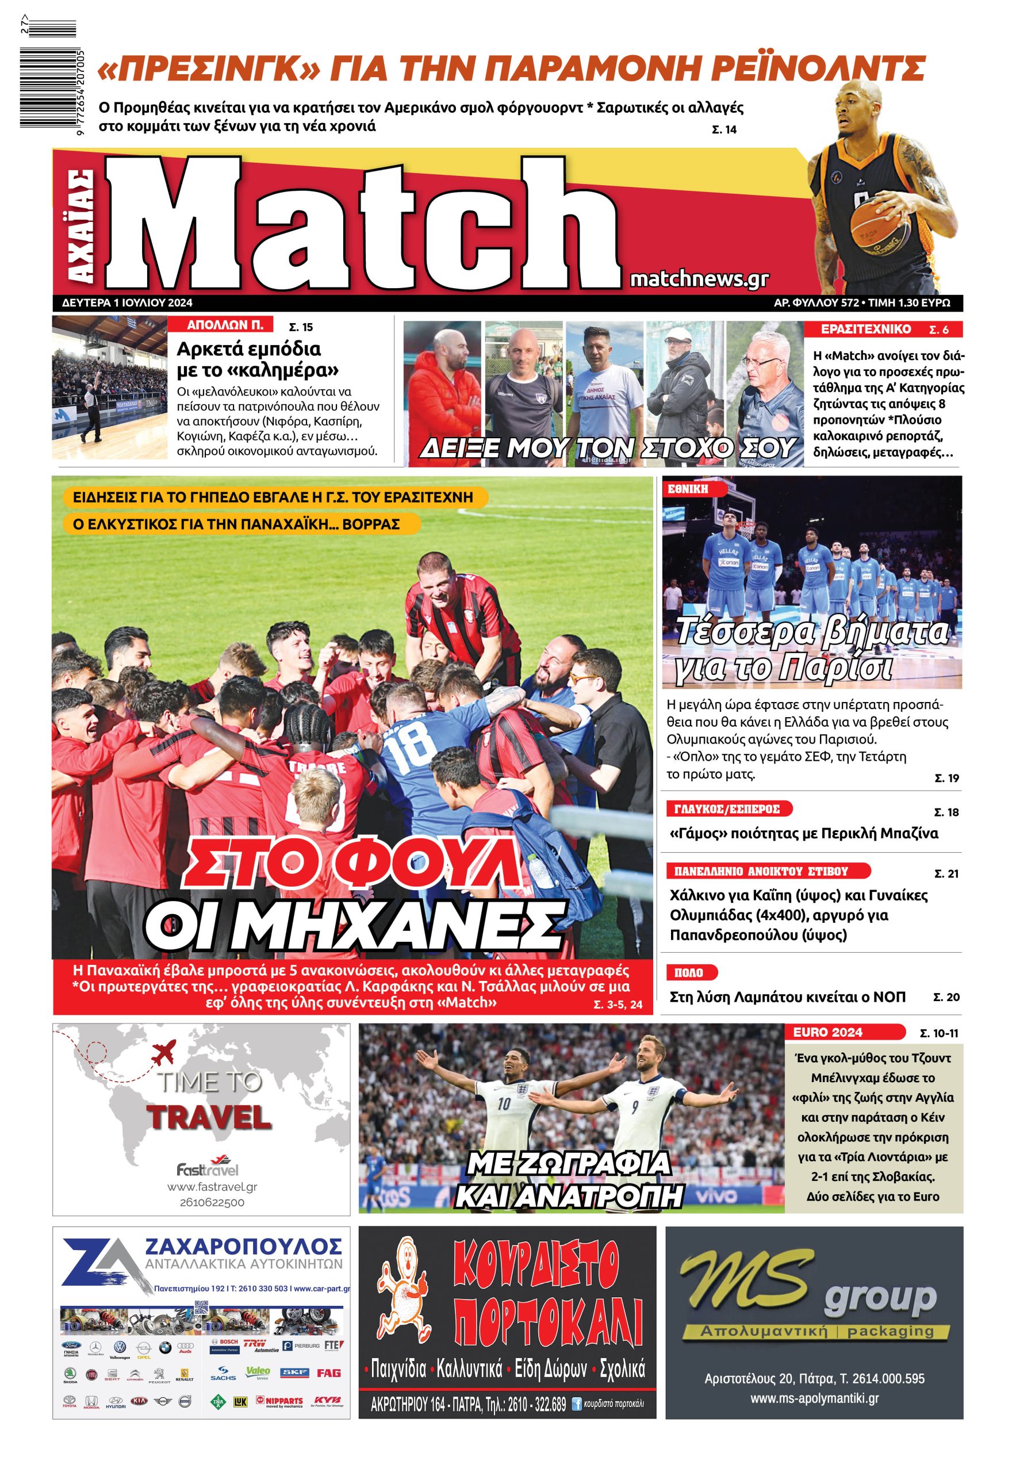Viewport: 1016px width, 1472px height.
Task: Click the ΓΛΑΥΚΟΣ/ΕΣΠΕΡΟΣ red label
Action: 726,809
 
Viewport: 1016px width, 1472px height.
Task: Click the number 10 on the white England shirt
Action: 504,1103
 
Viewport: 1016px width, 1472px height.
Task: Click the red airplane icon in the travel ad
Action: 164,1052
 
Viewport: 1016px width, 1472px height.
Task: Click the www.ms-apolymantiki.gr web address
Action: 814,1398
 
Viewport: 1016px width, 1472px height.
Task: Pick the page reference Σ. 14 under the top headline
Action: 724,129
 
